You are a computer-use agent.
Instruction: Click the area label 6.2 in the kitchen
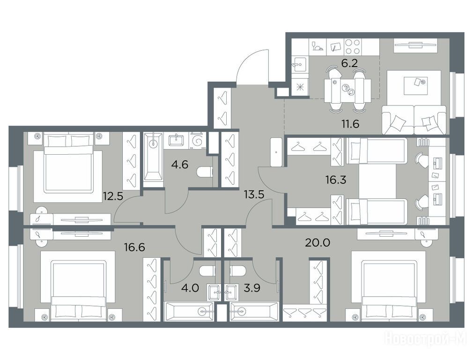point(349,63)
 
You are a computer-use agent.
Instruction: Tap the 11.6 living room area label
point(350,124)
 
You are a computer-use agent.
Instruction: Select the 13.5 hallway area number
point(254,195)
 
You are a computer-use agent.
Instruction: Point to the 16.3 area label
point(336,180)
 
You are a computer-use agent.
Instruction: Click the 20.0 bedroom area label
point(318,242)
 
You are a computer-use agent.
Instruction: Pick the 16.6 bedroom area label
point(134,247)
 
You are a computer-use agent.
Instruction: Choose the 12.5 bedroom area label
point(113,196)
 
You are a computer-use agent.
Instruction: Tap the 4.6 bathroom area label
point(180,165)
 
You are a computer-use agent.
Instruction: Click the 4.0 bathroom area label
point(190,288)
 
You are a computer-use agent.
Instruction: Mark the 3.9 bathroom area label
point(251,288)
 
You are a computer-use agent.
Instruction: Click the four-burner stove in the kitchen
point(352,47)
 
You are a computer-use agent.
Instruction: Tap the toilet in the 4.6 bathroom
point(205,173)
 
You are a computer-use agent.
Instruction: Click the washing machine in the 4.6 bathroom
point(197,141)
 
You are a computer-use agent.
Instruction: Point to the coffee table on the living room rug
point(415,82)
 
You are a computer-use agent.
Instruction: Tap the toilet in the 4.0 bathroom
point(207,271)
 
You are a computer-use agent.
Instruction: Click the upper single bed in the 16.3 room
point(377,151)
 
